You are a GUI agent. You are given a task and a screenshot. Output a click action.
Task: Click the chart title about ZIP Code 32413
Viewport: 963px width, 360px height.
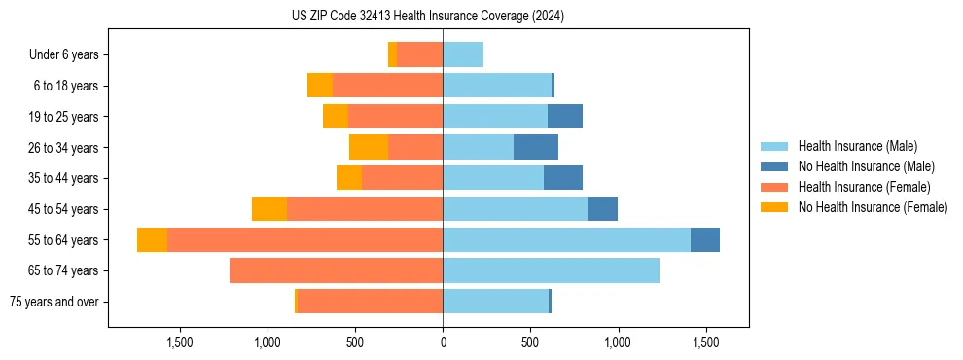pyautogui.click(x=427, y=16)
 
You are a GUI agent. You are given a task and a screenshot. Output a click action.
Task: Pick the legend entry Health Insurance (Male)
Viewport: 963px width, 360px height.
pyautogui.click(x=857, y=146)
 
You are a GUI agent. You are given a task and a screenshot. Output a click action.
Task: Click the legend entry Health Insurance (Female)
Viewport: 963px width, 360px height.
pyautogui.click(x=864, y=187)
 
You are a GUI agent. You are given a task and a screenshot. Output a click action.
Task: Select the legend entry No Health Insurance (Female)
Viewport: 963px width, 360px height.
pyautogui.click(x=873, y=207)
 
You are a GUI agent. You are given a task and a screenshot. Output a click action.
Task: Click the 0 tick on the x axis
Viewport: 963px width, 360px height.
pyautogui.click(x=443, y=342)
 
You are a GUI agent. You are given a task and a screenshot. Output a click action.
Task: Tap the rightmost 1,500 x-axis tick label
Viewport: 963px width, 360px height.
pyautogui.click(x=705, y=342)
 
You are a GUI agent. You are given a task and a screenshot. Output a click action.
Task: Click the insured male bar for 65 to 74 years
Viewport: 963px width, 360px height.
pyautogui.click(x=551, y=270)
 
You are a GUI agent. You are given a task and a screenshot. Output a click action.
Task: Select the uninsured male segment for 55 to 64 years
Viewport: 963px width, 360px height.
pyautogui.click(x=705, y=240)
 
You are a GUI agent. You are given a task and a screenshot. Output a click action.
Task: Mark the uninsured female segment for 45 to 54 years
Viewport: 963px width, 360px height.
pyautogui.click(x=269, y=209)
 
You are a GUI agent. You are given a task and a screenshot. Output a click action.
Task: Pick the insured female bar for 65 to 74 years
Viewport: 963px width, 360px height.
pyautogui.click(x=336, y=270)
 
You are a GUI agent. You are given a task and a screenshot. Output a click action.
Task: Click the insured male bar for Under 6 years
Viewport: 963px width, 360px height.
pyautogui.click(x=463, y=55)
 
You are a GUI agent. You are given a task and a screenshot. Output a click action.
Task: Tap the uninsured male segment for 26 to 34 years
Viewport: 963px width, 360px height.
pyautogui.click(x=536, y=148)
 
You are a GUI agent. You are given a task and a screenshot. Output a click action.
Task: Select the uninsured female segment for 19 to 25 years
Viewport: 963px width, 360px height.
pyautogui.click(x=336, y=117)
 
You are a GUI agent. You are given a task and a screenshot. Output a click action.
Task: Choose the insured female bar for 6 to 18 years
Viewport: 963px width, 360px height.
pyautogui.click(x=387, y=86)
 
